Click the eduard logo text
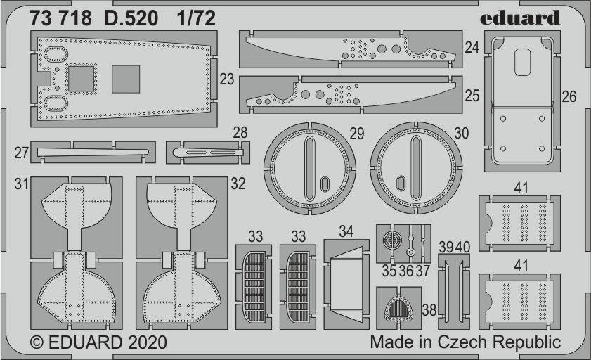coord(520,18)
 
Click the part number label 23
coord(226,79)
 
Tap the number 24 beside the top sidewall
coord(472,48)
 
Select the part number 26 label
coord(569,97)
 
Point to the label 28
coord(240,133)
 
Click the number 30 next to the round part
coord(461,133)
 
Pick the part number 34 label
coord(346,231)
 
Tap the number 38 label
coord(429,310)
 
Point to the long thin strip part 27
coord(93,153)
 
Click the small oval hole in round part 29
coord(325,184)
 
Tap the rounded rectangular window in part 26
coord(522,62)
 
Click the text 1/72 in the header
coord(196,18)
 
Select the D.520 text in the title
coord(131,18)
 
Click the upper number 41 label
coord(521,188)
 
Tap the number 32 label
coord(238,184)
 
